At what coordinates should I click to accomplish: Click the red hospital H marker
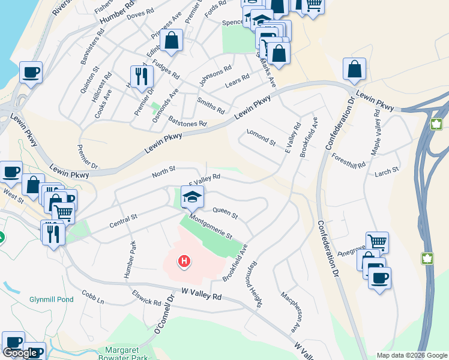pos(185,261)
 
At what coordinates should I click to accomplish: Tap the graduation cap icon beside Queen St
pos(192,196)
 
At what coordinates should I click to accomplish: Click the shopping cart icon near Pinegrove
pos(377,242)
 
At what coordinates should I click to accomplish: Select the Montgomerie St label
pos(211,227)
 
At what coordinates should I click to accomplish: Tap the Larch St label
pos(387,172)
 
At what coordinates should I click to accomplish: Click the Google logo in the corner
pos(20,353)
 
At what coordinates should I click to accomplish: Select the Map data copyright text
pos(412,355)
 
